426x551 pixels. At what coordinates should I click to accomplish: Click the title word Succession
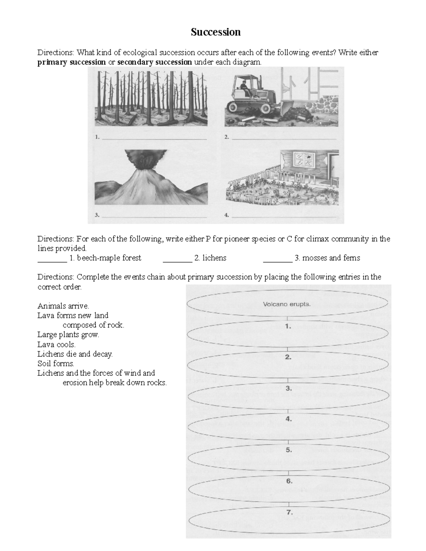coord(215,32)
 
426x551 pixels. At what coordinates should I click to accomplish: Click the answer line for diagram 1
coord(154,139)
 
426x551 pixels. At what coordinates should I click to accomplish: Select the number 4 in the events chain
coord(289,419)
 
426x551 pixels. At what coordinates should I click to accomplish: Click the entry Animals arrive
coord(63,306)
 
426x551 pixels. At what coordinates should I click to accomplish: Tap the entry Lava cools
coord(56,344)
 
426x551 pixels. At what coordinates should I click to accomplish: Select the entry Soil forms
coord(56,363)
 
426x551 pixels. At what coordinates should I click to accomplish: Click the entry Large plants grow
coord(68,335)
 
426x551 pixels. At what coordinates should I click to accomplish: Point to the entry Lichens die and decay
coord(75,354)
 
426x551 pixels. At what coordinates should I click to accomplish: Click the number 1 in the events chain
coord(288,326)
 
